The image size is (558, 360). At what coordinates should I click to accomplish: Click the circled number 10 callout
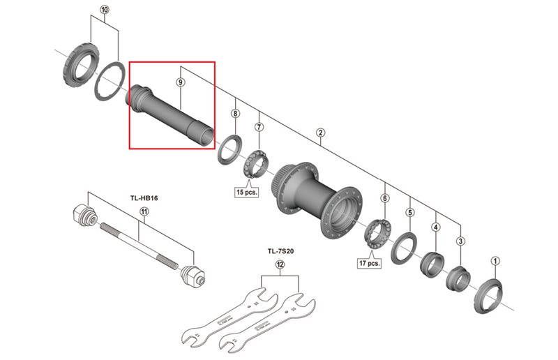(105, 10)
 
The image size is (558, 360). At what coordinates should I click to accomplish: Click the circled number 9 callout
(181, 82)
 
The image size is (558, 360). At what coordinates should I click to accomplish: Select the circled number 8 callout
(235, 113)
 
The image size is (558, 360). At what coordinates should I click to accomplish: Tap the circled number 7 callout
(259, 127)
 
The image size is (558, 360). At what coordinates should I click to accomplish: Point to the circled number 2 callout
(320, 133)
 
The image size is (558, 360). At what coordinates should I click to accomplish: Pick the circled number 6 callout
(384, 198)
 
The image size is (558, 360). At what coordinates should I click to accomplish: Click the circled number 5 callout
(410, 213)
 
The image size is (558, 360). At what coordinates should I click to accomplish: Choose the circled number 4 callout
(436, 227)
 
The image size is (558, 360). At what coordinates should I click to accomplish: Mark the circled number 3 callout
(460, 241)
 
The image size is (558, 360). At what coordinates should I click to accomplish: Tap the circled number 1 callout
(495, 262)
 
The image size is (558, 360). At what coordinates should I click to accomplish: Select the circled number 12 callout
(280, 264)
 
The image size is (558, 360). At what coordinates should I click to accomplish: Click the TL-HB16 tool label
(144, 198)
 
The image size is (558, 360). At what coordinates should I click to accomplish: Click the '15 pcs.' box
(247, 191)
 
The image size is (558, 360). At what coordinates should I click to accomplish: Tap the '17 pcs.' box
(370, 263)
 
